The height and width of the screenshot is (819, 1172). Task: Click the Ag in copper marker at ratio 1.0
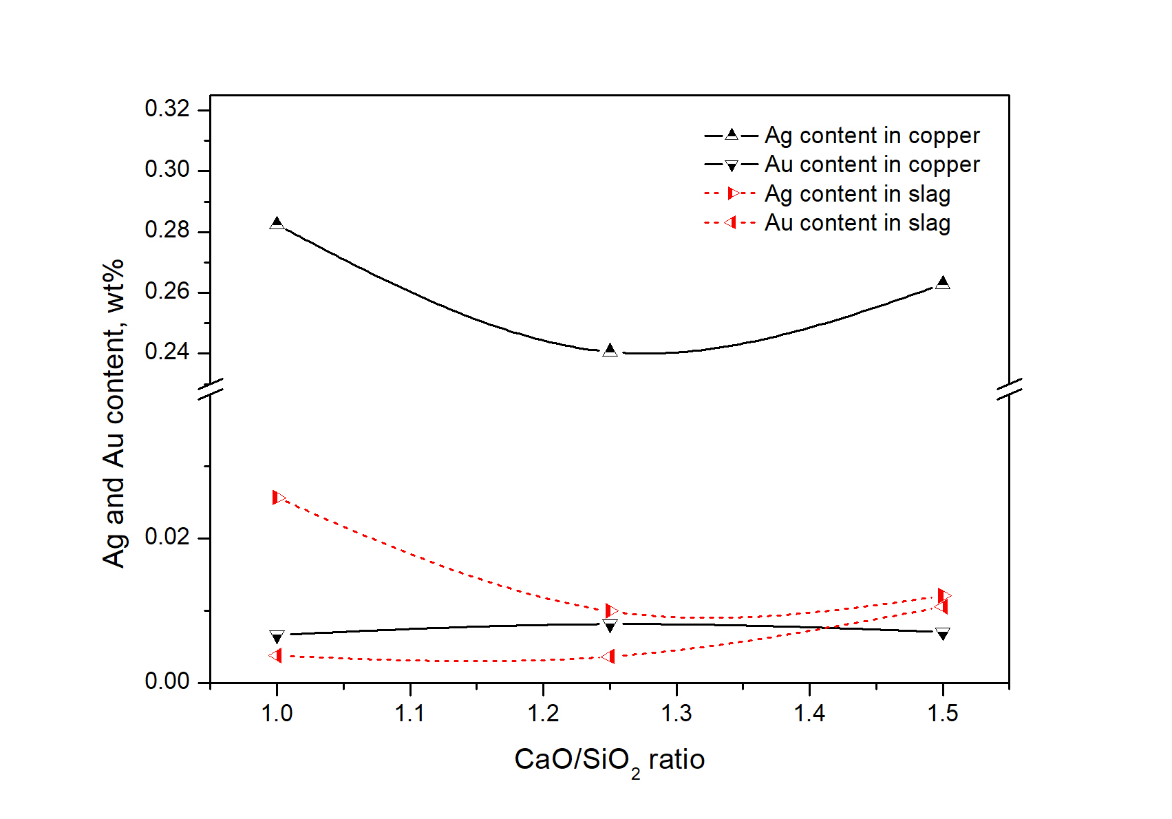(x=277, y=223)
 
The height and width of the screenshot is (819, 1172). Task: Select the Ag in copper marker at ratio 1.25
(x=610, y=350)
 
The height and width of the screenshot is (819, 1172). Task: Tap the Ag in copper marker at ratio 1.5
(x=943, y=282)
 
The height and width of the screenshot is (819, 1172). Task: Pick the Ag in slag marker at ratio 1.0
(x=278, y=498)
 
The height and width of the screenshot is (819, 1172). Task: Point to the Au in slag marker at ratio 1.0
(x=276, y=655)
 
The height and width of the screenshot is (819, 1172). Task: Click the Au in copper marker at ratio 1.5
(x=943, y=634)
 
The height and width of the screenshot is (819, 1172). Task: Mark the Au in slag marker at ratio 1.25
(x=608, y=657)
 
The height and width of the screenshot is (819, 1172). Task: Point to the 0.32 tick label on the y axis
(x=167, y=109)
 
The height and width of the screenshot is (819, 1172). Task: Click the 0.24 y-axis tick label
(x=167, y=352)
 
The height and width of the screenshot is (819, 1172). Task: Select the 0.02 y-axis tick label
(x=167, y=537)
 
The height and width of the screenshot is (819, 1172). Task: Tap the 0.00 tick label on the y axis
(x=167, y=681)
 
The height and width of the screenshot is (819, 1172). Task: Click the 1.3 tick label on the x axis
(x=676, y=714)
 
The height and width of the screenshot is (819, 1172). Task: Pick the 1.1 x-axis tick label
(x=410, y=714)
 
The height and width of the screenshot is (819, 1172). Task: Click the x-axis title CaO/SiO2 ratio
(x=609, y=760)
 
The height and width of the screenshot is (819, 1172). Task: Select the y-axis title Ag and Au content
(x=114, y=413)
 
